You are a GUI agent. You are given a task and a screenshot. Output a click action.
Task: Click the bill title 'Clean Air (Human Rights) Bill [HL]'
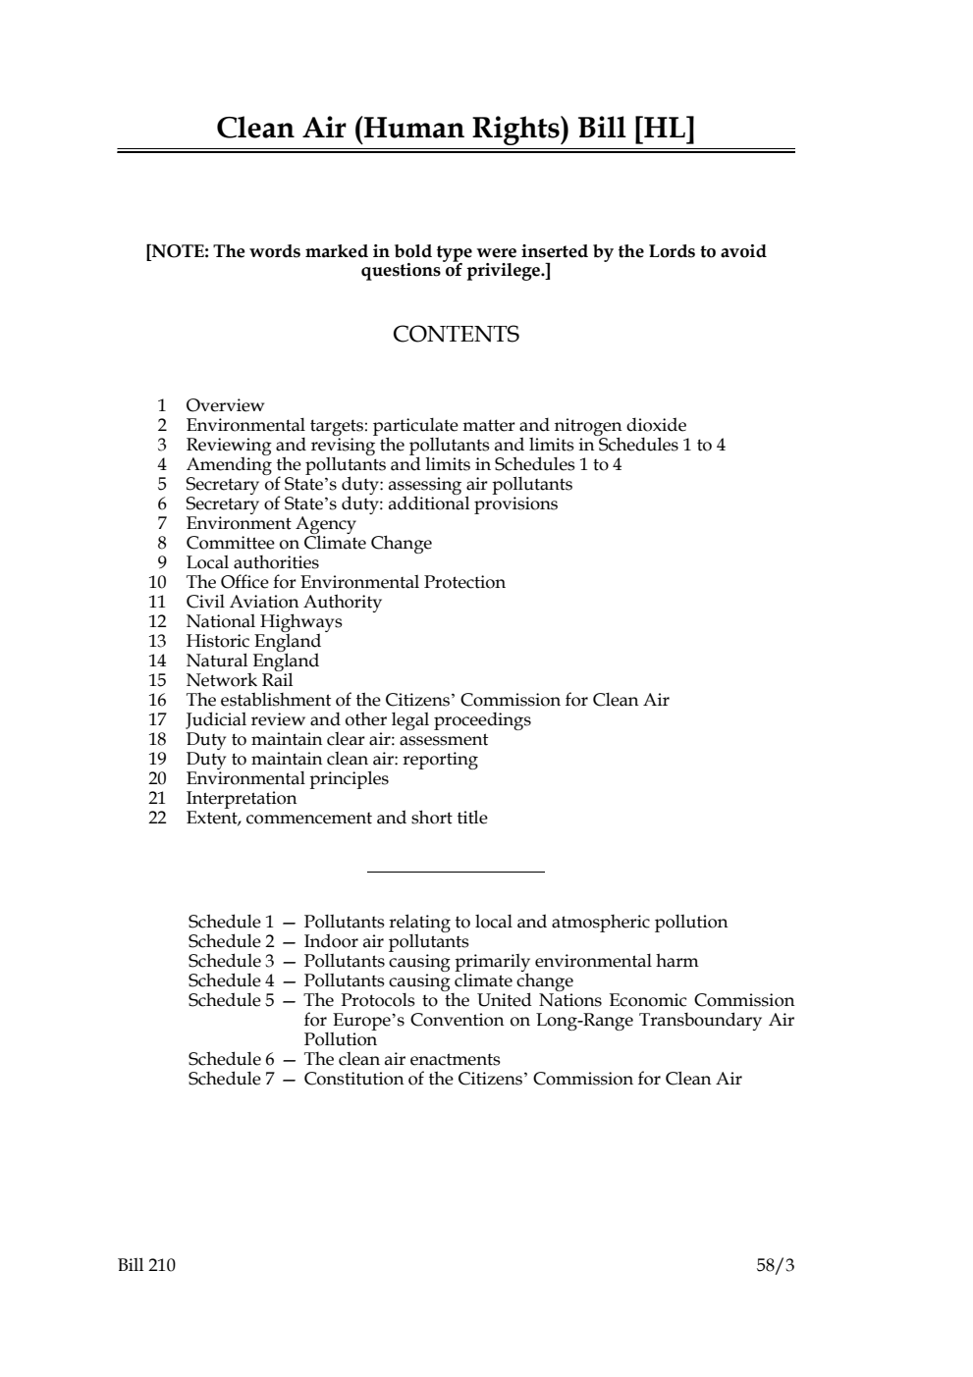455,128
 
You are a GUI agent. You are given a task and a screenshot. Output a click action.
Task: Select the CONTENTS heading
456,335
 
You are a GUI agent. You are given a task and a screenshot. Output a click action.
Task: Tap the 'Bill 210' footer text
146,1265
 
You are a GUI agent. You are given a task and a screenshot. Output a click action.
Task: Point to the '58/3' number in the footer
775,1265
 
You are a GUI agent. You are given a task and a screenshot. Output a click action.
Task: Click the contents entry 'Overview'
225,405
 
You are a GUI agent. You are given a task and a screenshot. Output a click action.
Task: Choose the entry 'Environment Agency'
271,523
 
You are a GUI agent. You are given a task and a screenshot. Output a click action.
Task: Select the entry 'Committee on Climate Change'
308,543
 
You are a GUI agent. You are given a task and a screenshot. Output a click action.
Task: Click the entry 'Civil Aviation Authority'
284,602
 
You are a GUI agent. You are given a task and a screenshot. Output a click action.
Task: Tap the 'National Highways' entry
264,621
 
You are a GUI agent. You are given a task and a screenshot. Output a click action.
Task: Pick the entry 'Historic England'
253,641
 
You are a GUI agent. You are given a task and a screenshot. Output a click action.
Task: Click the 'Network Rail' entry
240,680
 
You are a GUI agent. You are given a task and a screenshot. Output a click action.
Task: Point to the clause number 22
157,818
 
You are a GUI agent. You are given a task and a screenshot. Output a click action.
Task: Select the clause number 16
157,700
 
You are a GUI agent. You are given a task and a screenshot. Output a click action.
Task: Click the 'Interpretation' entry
242,798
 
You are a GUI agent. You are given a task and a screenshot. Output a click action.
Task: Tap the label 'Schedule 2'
231,941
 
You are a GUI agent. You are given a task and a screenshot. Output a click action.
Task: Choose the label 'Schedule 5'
231,1000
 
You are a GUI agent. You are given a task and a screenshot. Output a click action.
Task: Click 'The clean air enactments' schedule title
402,1059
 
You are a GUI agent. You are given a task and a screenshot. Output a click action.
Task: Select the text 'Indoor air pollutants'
386,941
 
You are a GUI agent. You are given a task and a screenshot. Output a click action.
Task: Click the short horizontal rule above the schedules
456,872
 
